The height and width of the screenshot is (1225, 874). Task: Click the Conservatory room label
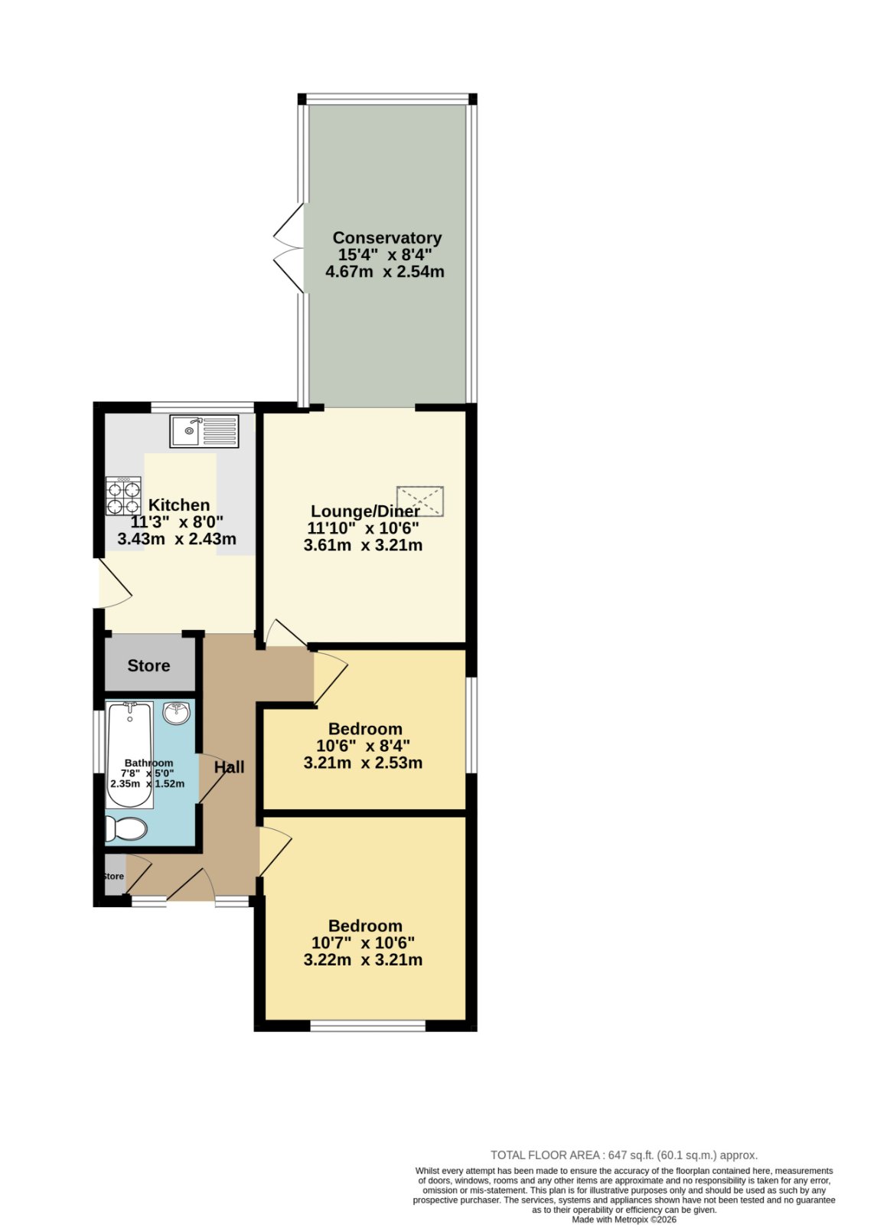pos(386,238)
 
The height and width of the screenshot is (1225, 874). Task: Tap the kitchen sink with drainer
pos(204,431)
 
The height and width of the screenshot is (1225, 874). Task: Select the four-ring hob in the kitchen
pos(123,496)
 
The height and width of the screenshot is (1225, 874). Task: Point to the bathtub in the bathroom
pos(130,755)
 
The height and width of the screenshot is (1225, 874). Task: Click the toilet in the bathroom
pos(126,828)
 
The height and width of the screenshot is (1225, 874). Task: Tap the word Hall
pos(229,767)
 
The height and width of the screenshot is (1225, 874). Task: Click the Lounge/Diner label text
pos(365,511)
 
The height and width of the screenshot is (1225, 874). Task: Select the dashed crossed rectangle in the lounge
pos(420,501)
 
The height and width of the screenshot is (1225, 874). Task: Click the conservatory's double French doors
pos(289,248)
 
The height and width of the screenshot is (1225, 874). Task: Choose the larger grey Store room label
pos(148,665)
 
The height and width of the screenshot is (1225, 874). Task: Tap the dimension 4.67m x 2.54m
pos(385,271)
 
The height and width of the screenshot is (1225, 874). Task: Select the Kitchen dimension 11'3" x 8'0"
pos(177,521)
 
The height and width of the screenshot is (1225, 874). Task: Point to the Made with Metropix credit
pos(624,1219)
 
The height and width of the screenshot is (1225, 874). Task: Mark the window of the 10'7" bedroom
pos(367,1026)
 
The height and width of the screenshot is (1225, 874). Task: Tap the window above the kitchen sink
pos(202,407)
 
